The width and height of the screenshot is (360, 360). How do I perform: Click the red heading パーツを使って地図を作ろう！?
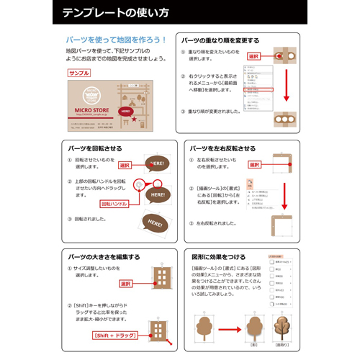click(x=116, y=40)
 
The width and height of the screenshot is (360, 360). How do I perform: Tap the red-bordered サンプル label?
click(x=78, y=73)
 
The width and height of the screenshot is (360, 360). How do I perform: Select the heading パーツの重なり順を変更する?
click(x=220, y=41)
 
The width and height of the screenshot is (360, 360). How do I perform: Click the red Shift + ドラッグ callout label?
click(x=115, y=335)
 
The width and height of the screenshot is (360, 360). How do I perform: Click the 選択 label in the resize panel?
click(x=125, y=284)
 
